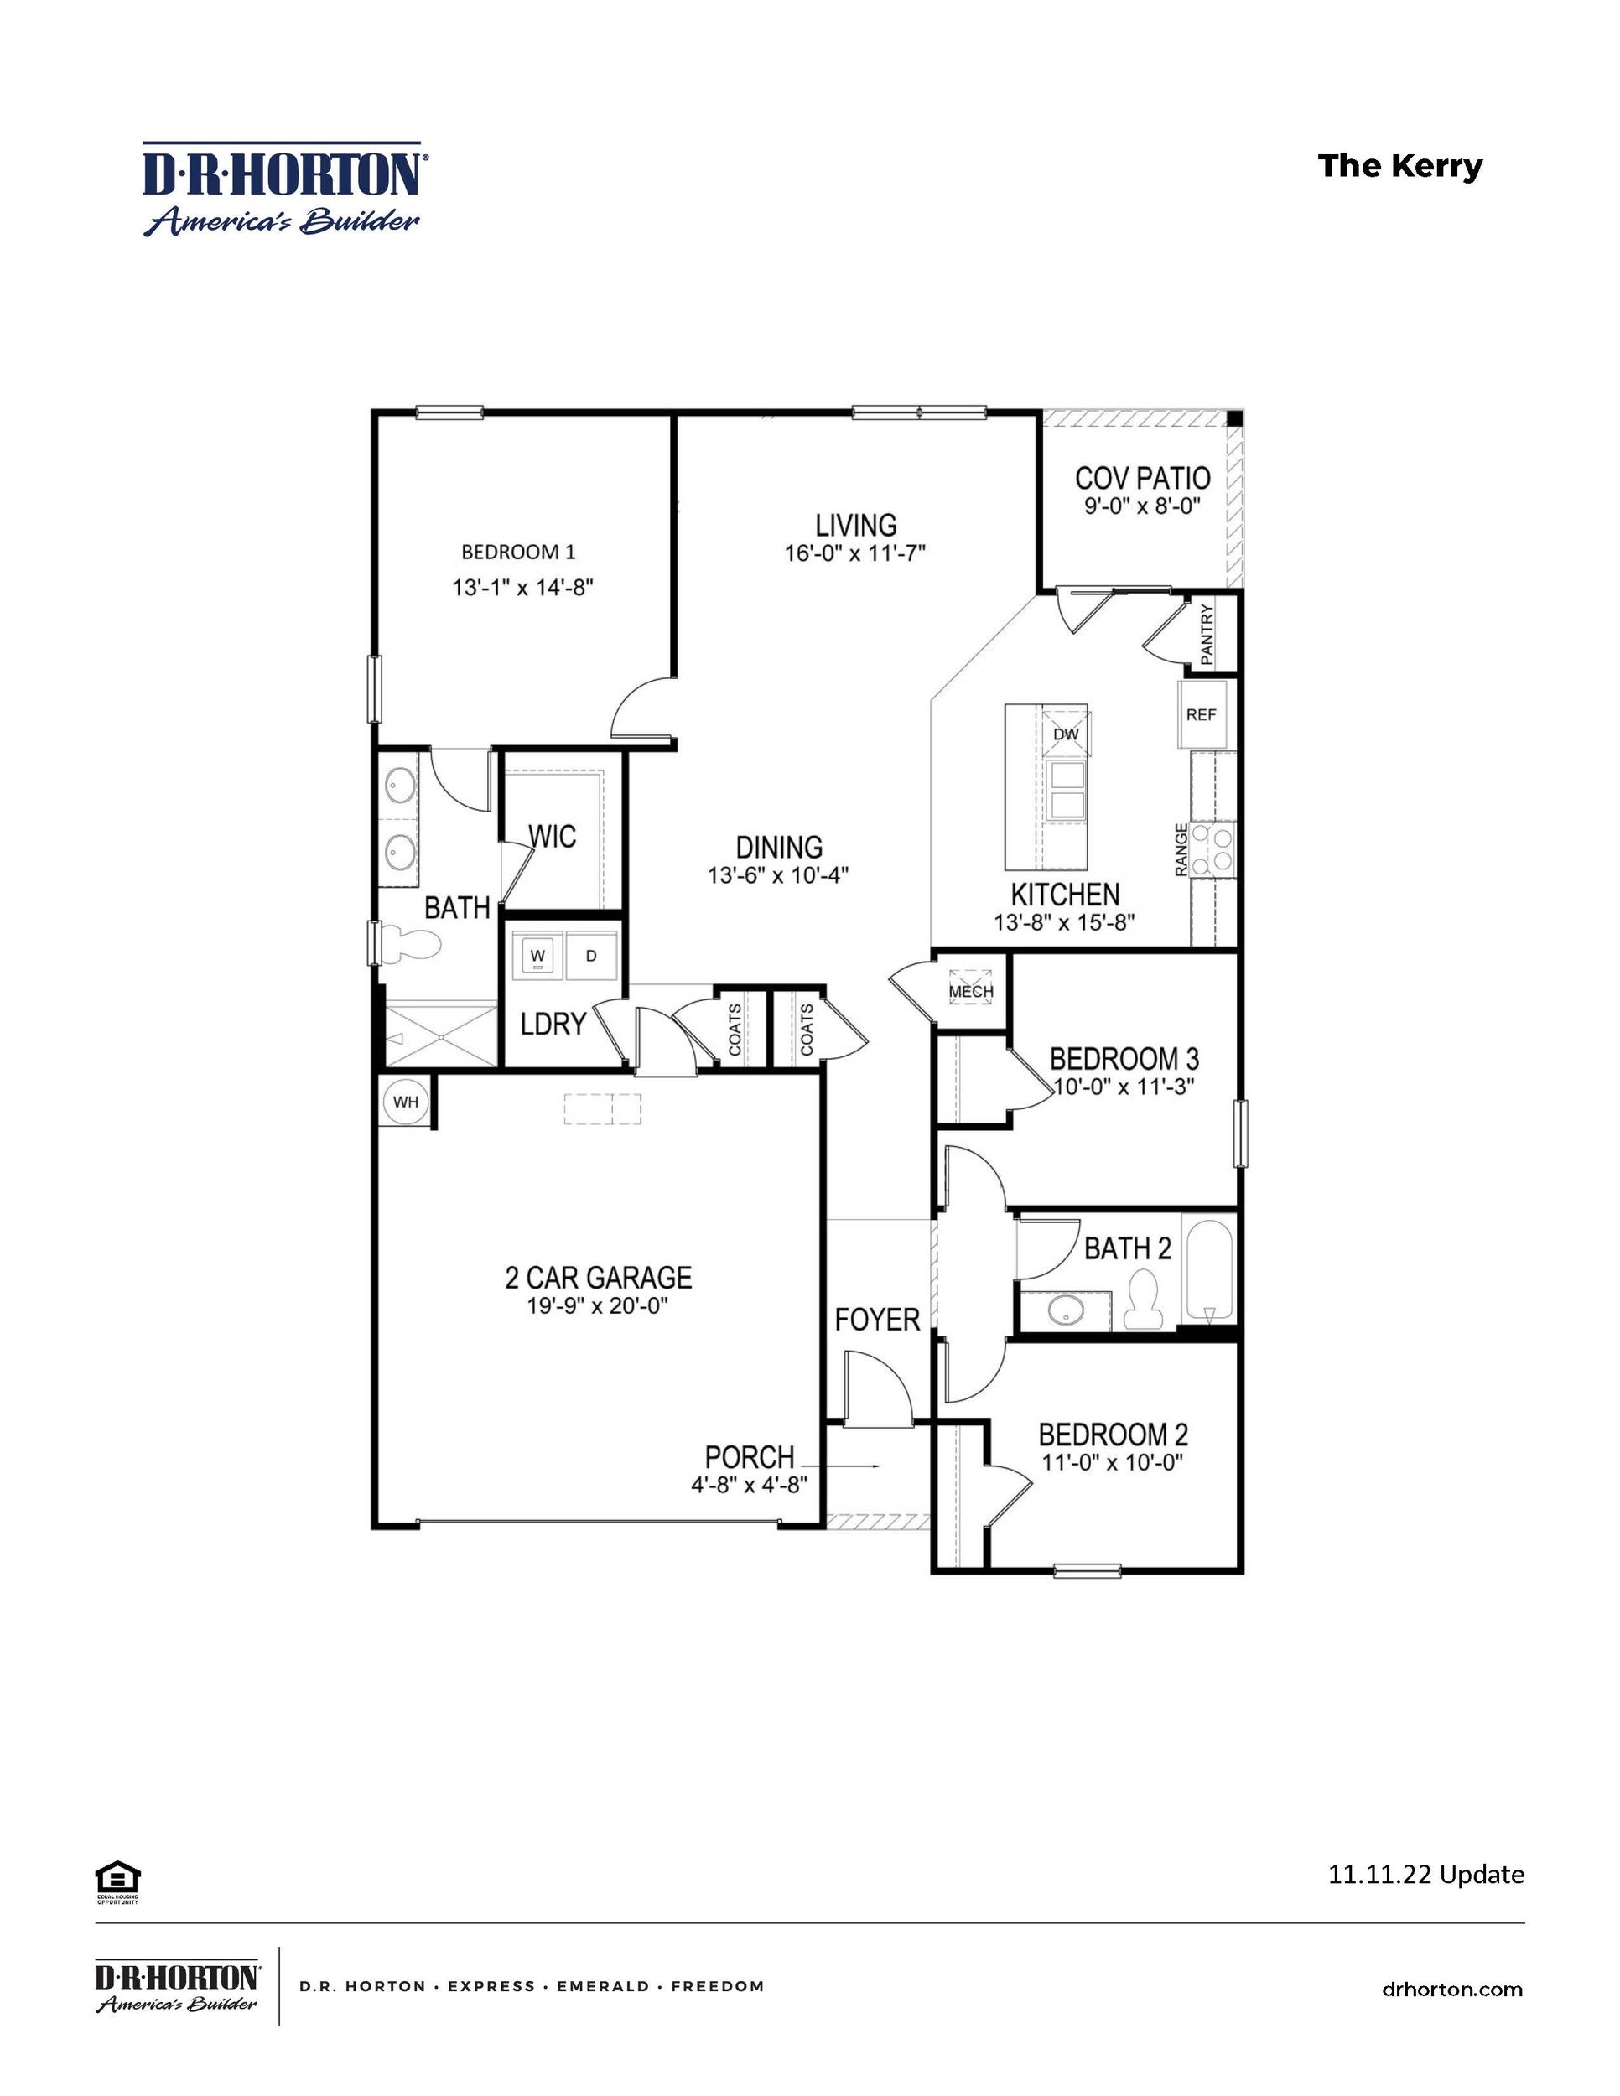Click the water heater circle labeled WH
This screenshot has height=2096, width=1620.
(x=405, y=1102)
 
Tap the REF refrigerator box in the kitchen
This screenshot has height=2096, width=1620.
(x=1201, y=715)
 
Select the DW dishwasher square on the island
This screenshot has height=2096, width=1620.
(x=1067, y=734)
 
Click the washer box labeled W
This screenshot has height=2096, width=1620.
(x=537, y=956)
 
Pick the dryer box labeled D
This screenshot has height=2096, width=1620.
(x=591, y=956)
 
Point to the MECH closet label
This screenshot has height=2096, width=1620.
(x=971, y=991)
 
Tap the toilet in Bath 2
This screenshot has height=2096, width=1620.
(x=1142, y=1300)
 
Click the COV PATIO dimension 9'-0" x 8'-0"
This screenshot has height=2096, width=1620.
(x=1142, y=506)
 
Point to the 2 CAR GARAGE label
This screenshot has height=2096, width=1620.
(x=598, y=1278)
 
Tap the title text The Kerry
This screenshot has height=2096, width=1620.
(x=1399, y=166)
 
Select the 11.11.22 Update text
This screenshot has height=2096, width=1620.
(x=1425, y=1872)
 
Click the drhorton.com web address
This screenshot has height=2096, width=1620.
(x=1452, y=1989)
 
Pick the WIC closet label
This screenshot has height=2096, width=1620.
(x=553, y=837)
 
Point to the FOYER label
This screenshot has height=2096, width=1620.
(x=877, y=1320)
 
